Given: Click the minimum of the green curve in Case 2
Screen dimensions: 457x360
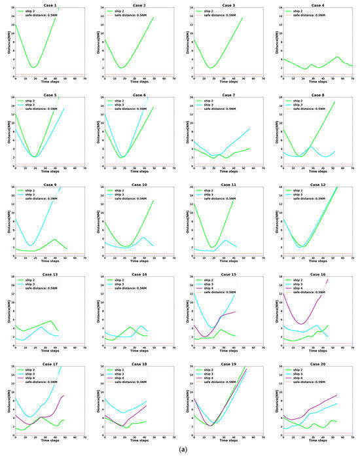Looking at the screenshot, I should (121, 67).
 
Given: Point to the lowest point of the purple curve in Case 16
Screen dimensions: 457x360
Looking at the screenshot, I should (300, 323).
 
